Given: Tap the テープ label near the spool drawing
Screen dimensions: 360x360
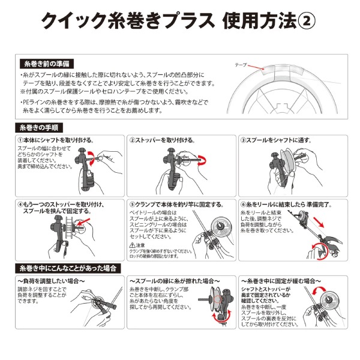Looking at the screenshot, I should (241, 64).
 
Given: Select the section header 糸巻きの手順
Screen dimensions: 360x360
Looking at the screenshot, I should (39, 128).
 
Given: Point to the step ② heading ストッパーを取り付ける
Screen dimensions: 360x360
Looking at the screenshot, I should (162, 140).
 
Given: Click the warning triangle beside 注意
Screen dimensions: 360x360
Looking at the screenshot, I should (133, 245).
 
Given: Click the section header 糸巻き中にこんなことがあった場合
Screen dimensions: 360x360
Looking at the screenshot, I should (67, 267).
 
